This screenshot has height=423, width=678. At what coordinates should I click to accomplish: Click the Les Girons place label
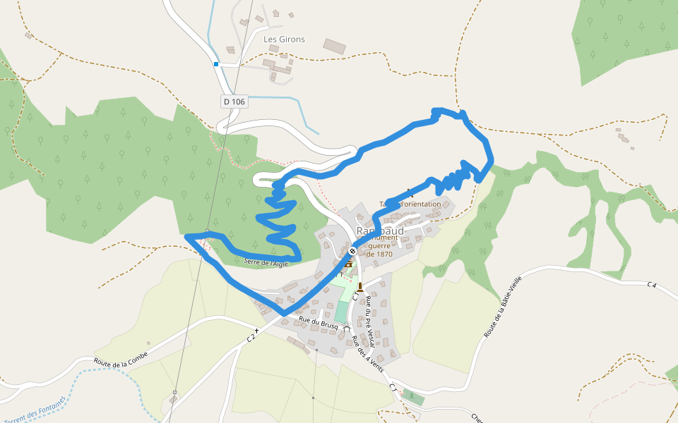[x=284, y=39]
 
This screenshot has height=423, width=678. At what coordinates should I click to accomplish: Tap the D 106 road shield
[x=234, y=102]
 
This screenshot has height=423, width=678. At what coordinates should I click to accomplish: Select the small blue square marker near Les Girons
[x=216, y=64]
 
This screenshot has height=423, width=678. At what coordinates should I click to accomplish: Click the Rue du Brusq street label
[x=319, y=321]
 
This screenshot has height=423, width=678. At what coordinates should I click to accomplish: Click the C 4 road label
[x=651, y=284]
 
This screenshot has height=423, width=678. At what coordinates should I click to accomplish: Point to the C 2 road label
[x=250, y=338]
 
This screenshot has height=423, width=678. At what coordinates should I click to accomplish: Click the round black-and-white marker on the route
[x=352, y=251]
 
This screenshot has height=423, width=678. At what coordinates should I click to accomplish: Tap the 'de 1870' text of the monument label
[x=379, y=255]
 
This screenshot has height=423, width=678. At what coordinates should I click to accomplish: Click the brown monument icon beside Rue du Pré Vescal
[x=360, y=286]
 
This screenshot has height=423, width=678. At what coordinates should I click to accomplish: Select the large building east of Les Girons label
[x=335, y=47]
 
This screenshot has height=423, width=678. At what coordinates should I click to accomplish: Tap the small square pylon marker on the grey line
[x=174, y=392]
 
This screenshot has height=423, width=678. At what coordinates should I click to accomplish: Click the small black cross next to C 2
[x=257, y=329]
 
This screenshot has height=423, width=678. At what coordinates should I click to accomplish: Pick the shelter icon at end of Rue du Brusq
[x=346, y=328]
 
